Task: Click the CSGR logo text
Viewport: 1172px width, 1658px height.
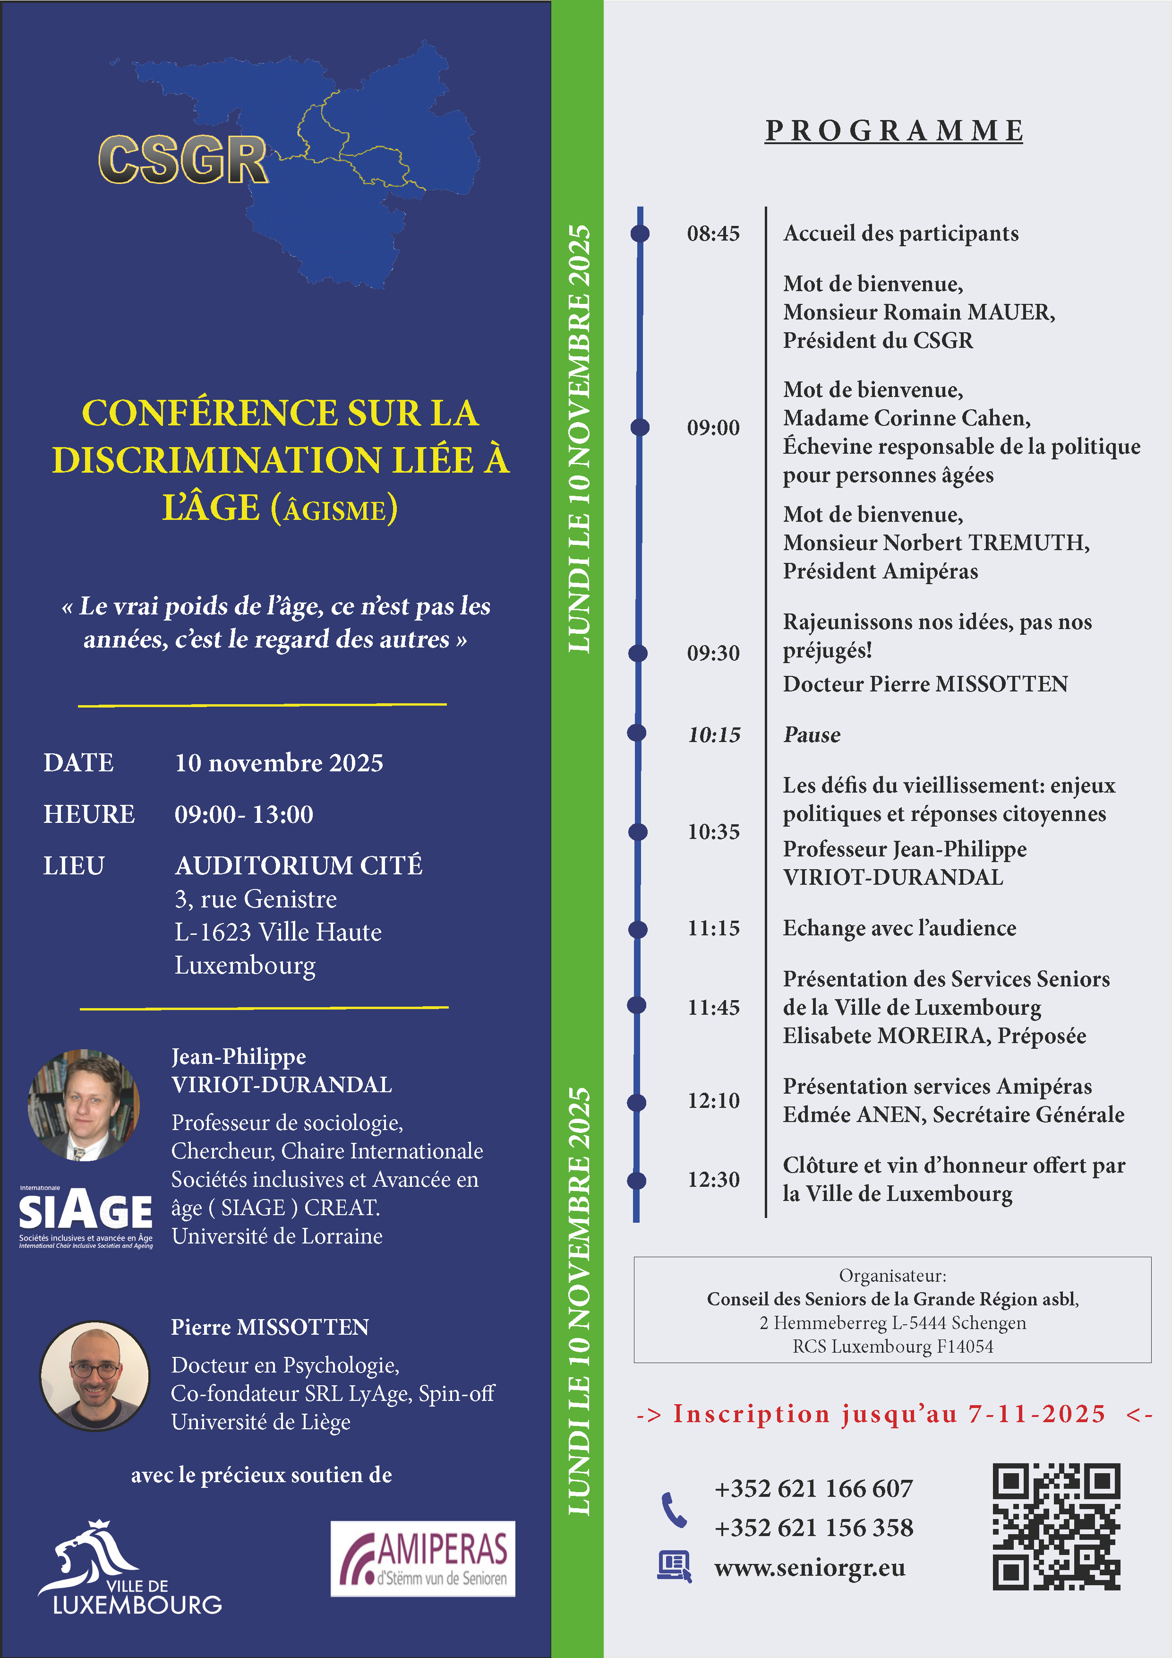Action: (183, 160)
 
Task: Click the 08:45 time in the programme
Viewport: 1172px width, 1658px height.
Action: (713, 233)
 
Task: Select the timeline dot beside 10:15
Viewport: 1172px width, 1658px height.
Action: (636, 733)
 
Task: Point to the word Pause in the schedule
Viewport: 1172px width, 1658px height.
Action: (812, 735)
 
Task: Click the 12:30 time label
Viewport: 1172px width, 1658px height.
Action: (713, 1179)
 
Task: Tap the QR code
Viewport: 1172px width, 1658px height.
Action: (1056, 1526)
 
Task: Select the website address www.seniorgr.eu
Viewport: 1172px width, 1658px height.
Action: (810, 1568)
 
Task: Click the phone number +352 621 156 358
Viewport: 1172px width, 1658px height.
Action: (813, 1527)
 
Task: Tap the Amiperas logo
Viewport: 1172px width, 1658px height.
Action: (423, 1558)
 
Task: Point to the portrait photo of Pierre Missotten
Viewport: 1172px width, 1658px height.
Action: (94, 1376)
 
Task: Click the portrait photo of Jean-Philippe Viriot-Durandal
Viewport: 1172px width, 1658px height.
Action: (84, 1105)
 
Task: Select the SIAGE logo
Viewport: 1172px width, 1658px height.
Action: (85, 1217)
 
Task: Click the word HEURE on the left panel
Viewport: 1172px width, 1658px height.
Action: (89, 814)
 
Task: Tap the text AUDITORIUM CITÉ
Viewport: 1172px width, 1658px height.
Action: (299, 865)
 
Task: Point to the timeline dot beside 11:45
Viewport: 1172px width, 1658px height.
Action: (636, 1004)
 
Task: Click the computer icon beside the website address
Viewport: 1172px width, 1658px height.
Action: (674, 1567)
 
